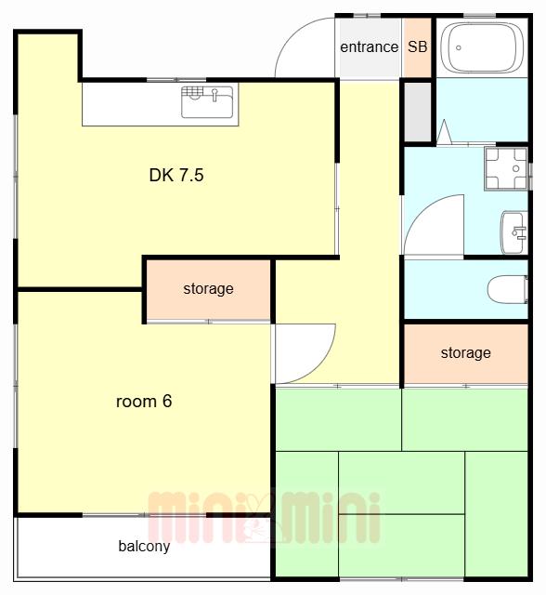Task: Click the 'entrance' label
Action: [369, 47]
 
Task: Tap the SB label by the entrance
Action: [418, 46]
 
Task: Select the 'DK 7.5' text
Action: [176, 176]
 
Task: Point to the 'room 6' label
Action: [144, 402]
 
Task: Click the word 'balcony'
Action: [144, 547]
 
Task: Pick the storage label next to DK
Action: [208, 289]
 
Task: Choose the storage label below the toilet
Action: [465, 353]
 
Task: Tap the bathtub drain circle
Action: [459, 47]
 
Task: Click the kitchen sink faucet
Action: [214, 95]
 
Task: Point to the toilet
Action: [507, 289]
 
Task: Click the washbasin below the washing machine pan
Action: [514, 232]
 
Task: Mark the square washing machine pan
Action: [506, 168]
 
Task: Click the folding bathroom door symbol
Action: [445, 132]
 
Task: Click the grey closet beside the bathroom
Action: [418, 112]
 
